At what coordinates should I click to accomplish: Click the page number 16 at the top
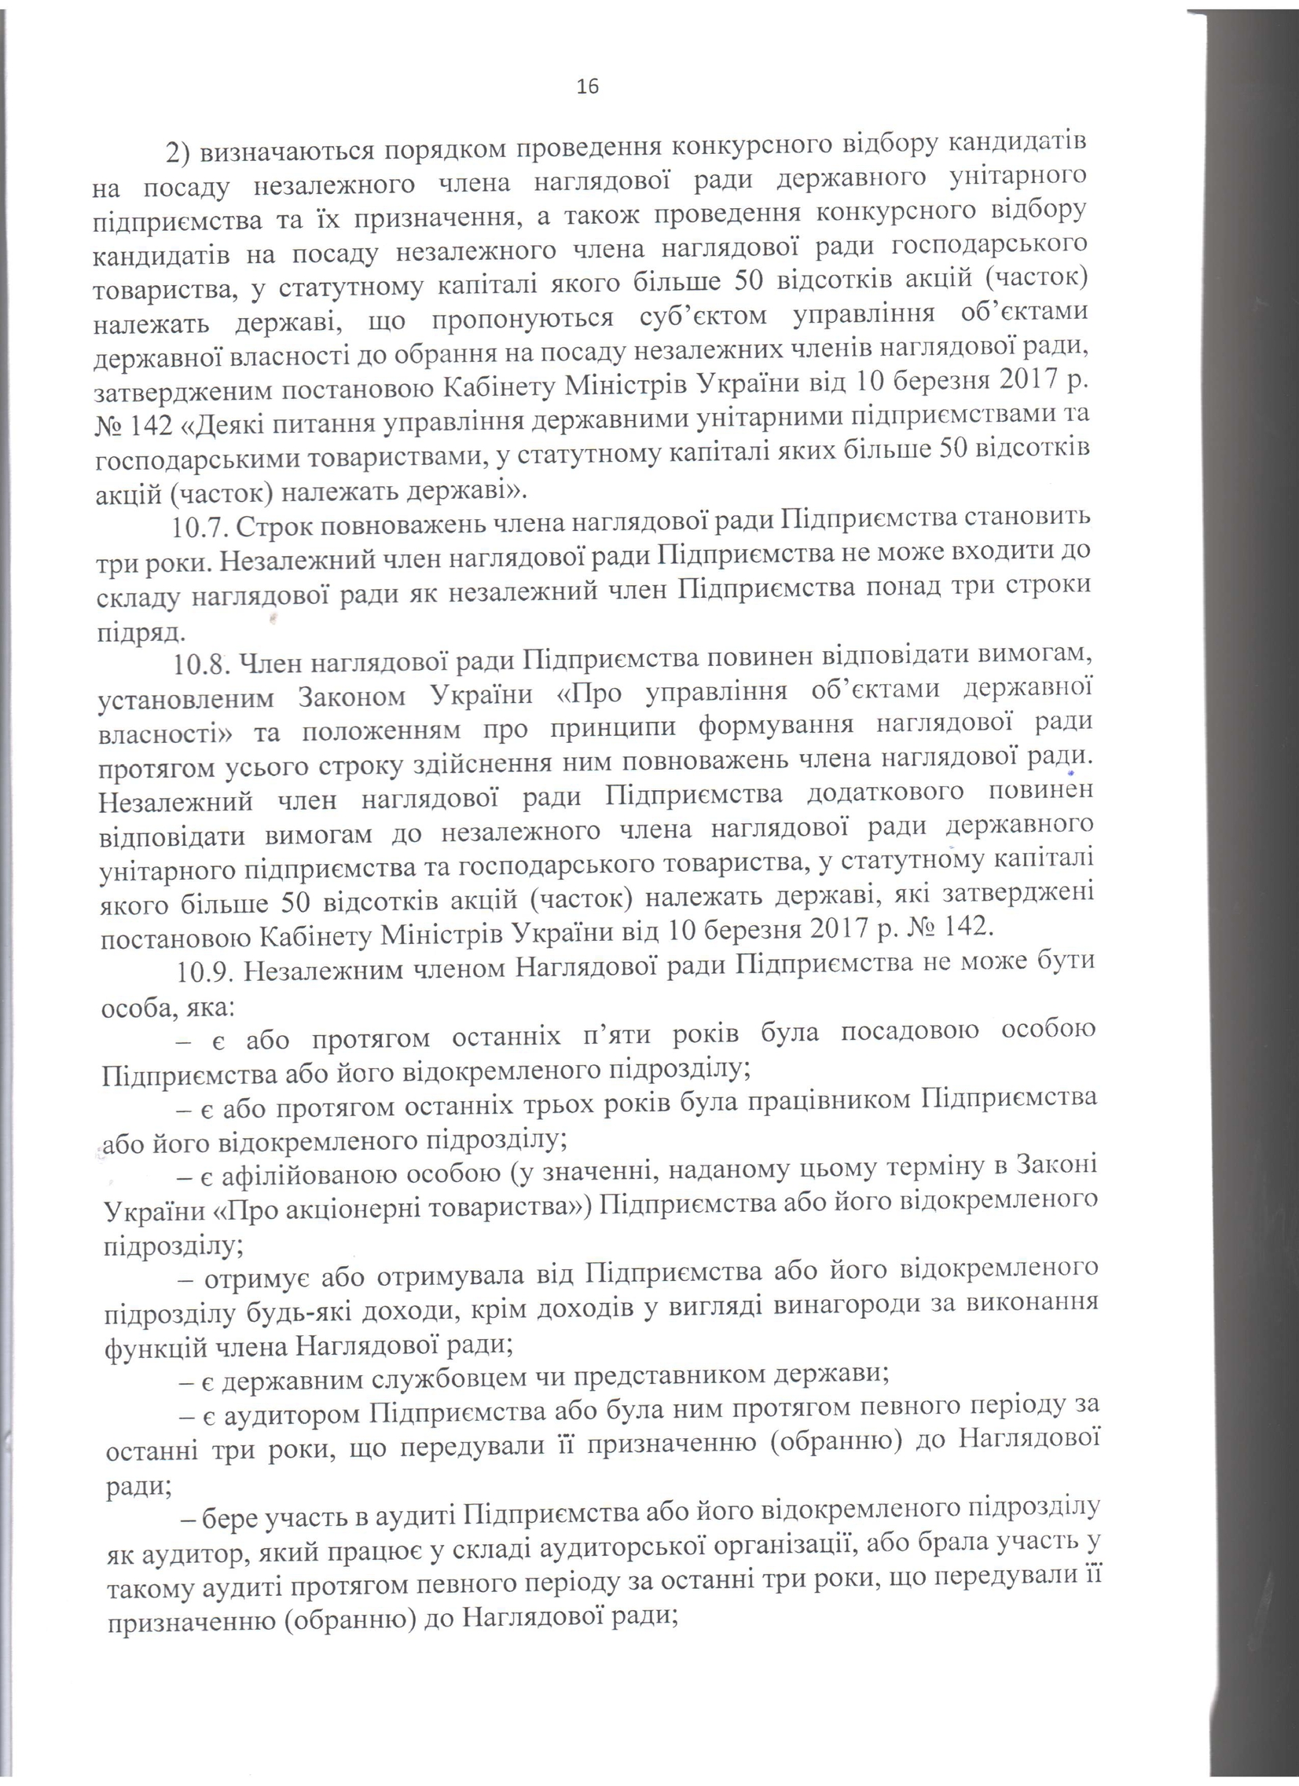click(x=588, y=86)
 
